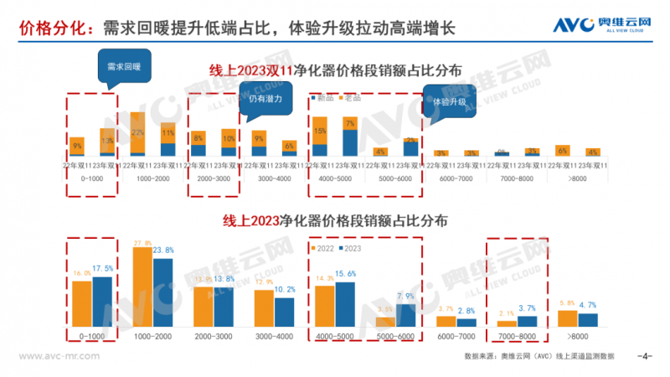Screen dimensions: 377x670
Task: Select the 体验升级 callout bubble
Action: (x=448, y=101)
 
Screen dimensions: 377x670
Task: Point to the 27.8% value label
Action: (x=142, y=243)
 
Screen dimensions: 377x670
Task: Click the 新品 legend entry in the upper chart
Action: (x=323, y=98)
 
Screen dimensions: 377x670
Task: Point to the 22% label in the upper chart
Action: (x=138, y=133)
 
